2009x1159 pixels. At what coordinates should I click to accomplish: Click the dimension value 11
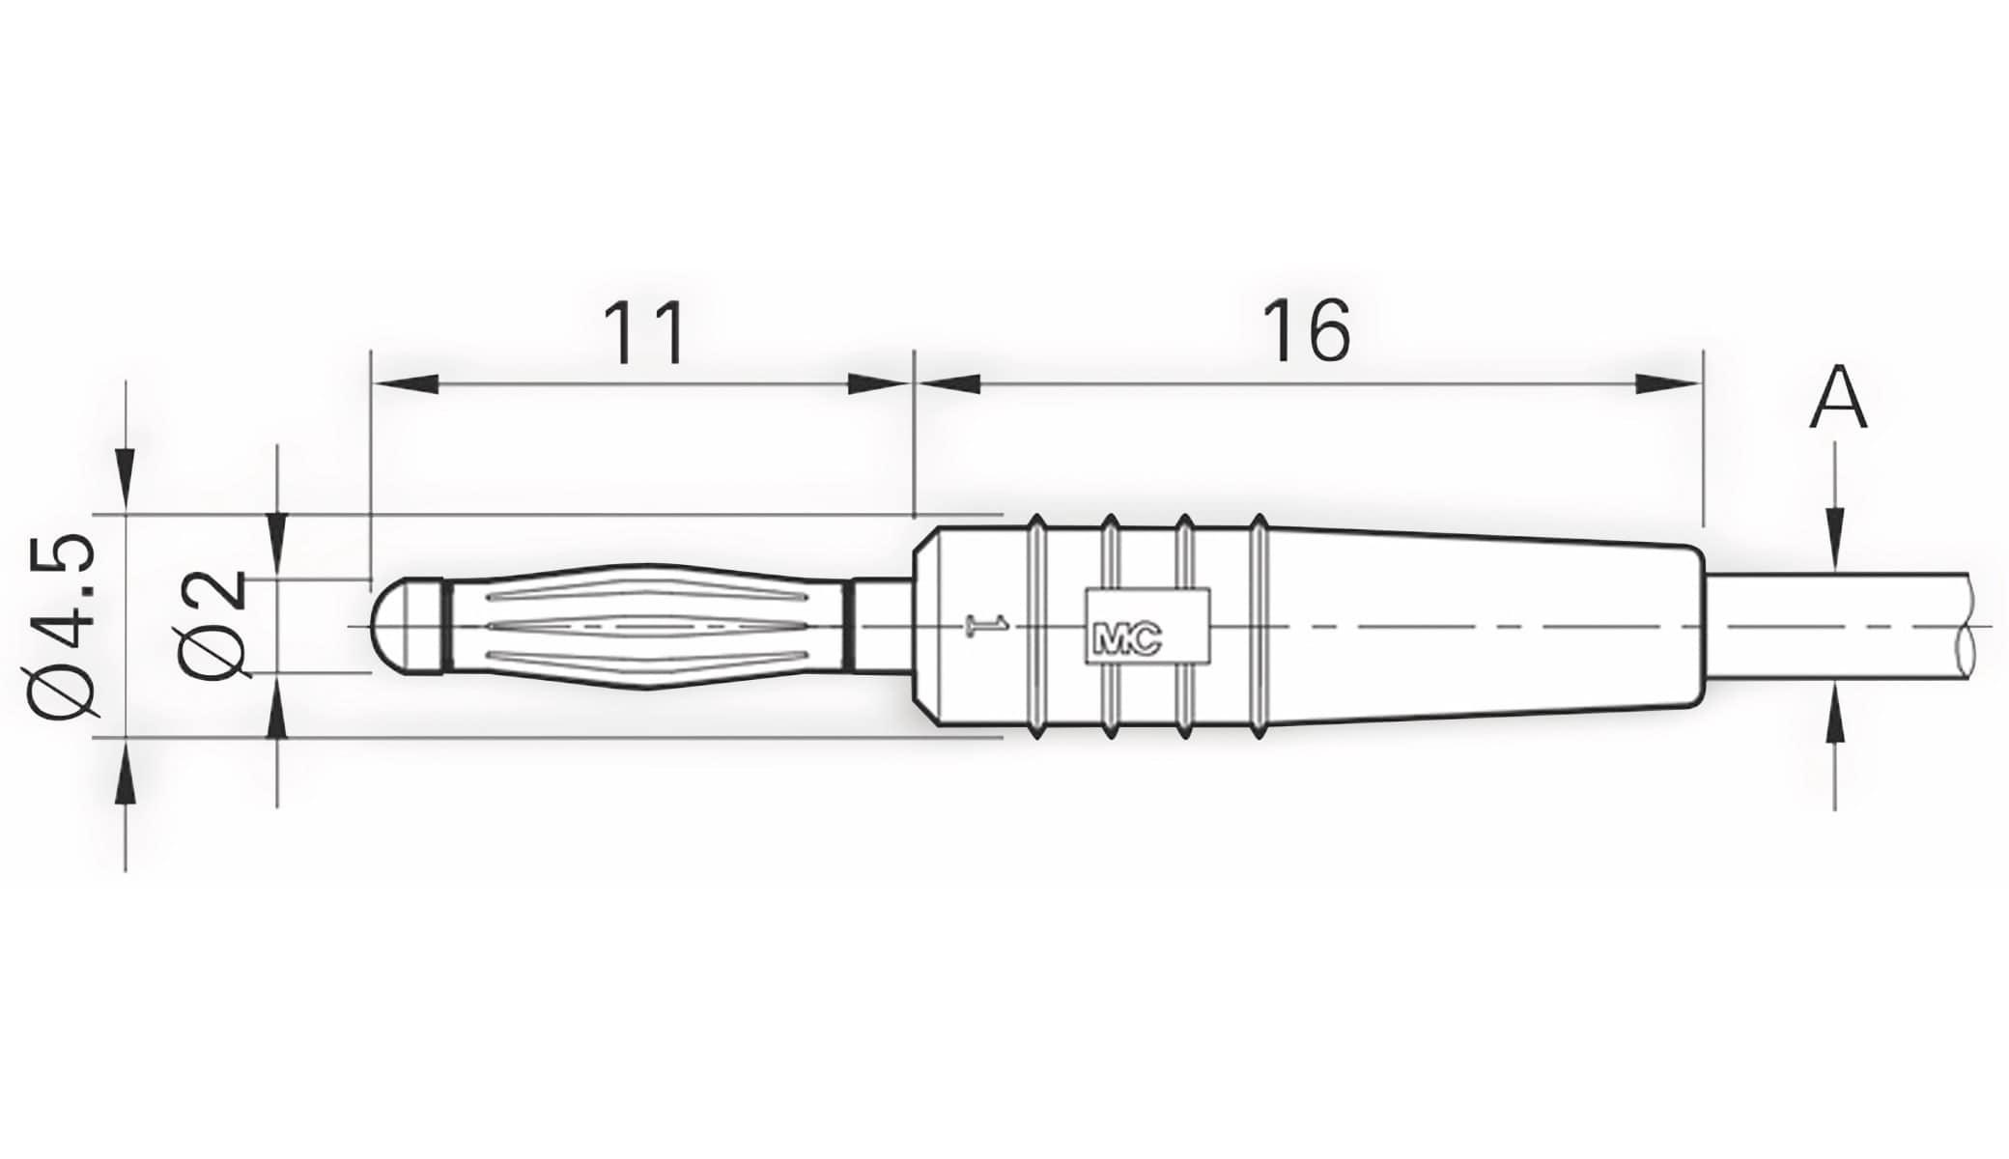(644, 333)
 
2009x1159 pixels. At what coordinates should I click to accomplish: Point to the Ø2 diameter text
(212, 625)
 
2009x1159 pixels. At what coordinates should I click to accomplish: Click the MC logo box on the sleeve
(1147, 626)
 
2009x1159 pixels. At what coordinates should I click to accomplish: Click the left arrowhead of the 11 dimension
(405, 383)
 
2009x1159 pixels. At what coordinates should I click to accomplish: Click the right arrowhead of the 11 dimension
(879, 383)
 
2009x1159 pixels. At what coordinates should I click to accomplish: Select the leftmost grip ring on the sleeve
(1036, 626)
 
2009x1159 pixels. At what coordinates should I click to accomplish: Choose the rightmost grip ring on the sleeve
(1259, 626)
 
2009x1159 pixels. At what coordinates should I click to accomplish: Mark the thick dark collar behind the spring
(849, 626)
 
